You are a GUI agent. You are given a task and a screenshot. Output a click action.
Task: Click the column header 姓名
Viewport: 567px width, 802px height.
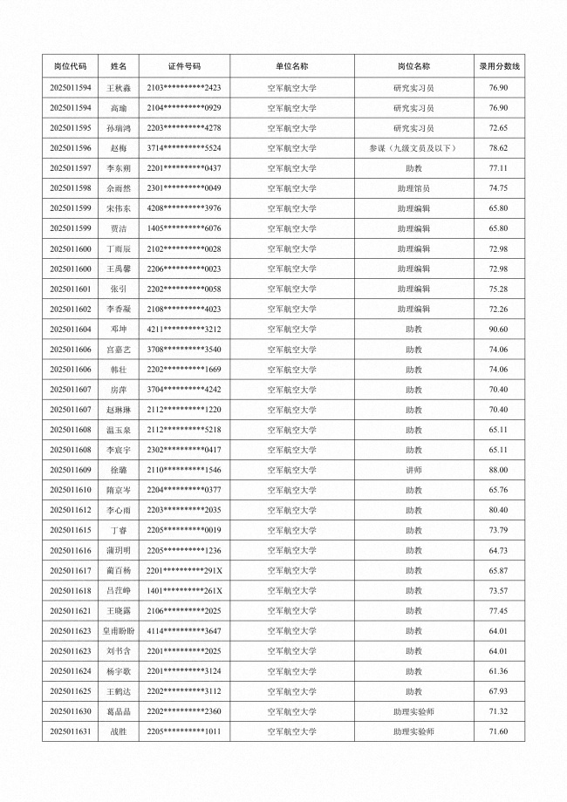click(119, 65)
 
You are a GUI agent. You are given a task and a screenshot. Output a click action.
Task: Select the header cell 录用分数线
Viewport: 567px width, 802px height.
click(499, 65)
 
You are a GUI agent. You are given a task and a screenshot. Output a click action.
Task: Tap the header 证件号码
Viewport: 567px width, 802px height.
click(184, 65)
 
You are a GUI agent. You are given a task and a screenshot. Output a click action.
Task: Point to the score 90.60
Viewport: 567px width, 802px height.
click(499, 329)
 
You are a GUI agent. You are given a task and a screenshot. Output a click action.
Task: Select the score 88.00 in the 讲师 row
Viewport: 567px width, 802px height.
click(499, 470)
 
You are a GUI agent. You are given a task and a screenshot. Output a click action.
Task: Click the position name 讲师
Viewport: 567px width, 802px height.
click(413, 470)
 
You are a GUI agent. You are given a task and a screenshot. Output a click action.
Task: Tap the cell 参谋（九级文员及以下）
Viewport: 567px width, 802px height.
click(413, 148)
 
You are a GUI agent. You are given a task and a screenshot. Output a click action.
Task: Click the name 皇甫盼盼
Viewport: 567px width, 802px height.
click(119, 630)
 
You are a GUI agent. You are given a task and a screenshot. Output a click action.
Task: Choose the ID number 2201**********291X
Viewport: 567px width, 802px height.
click(184, 570)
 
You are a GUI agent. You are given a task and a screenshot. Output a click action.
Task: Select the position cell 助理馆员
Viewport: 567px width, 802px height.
click(413, 188)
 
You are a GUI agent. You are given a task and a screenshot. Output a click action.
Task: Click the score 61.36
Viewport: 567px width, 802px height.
click(499, 671)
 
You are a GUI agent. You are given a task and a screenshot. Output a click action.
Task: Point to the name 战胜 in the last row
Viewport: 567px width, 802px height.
click(119, 731)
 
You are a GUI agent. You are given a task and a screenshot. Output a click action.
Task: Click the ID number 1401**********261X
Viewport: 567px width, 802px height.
click(184, 590)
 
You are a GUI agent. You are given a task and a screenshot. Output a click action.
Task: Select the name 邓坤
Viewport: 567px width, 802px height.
click(119, 329)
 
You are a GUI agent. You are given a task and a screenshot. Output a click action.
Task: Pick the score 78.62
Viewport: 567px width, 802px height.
click(499, 148)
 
